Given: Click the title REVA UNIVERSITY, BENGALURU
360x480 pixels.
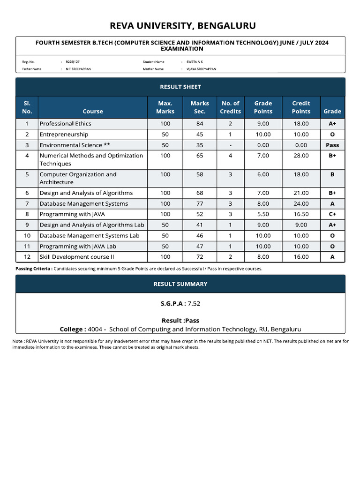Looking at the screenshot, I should coord(183,25).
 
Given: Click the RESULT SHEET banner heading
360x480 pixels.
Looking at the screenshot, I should coord(180,87).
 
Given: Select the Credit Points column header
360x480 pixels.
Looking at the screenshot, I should coord(301,107).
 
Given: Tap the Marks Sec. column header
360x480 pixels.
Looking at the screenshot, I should coord(200,107).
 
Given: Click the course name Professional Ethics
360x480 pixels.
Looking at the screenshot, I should coord(65,124).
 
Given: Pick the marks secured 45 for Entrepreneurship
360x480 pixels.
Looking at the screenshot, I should coord(200,135).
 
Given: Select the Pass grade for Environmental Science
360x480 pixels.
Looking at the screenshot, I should coord(332,145).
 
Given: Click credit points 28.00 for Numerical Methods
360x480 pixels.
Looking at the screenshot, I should coord(301,156).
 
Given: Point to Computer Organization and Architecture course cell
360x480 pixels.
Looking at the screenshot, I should coord(78,178).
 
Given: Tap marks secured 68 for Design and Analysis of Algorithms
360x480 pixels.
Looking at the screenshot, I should coord(200,193).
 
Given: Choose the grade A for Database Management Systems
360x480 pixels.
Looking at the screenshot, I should coord(332,204).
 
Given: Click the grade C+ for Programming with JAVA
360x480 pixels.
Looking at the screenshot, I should coord(332,214).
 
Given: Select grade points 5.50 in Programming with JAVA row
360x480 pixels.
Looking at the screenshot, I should coord(263,214).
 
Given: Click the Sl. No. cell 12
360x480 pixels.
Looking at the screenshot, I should coord(27,257).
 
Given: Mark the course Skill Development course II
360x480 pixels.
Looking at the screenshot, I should coord(77,257).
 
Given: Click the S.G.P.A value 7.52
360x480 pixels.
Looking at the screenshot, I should coord(194,304).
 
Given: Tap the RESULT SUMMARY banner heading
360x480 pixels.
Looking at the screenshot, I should coord(180,284).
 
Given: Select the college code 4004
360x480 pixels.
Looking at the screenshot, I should coord(96,329).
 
